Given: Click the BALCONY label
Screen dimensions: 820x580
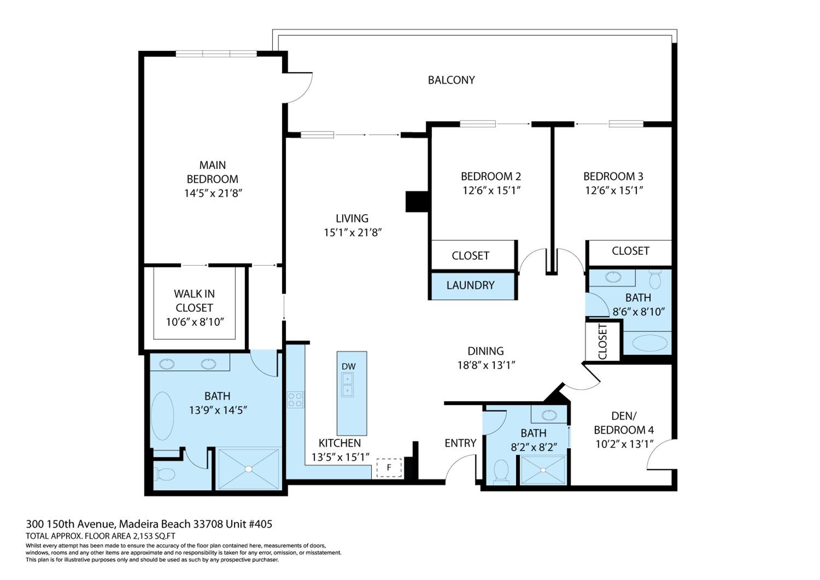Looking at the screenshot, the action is tap(452, 80).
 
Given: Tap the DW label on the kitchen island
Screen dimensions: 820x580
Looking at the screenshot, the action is tap(348, 367).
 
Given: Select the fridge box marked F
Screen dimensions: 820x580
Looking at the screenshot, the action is tap(389, 467).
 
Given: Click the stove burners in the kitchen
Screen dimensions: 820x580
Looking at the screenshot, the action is tap(296, 400).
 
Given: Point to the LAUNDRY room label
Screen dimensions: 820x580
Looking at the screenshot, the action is tap(470, 285).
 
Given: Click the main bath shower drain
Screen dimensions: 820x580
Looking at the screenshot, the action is tap(248, 469).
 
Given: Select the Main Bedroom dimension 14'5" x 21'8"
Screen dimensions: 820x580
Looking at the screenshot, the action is tap(213, 193).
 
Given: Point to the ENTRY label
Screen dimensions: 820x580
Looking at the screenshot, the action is tap(460, 443).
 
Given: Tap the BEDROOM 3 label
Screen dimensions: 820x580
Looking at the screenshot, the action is tap(613, 176).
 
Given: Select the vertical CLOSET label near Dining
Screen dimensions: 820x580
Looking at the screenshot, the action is tap(602, 342).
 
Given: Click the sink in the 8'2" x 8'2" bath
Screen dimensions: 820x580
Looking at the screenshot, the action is tap(549, 415).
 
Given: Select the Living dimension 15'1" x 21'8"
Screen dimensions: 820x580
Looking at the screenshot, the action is tap(353, 233).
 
